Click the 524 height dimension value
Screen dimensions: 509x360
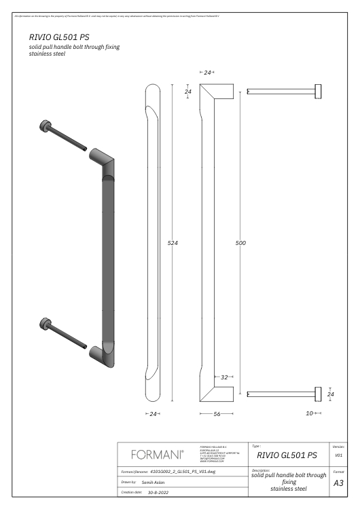(173, 243)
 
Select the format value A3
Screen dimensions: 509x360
(338, 484)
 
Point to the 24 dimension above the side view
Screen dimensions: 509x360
(207, 72)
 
